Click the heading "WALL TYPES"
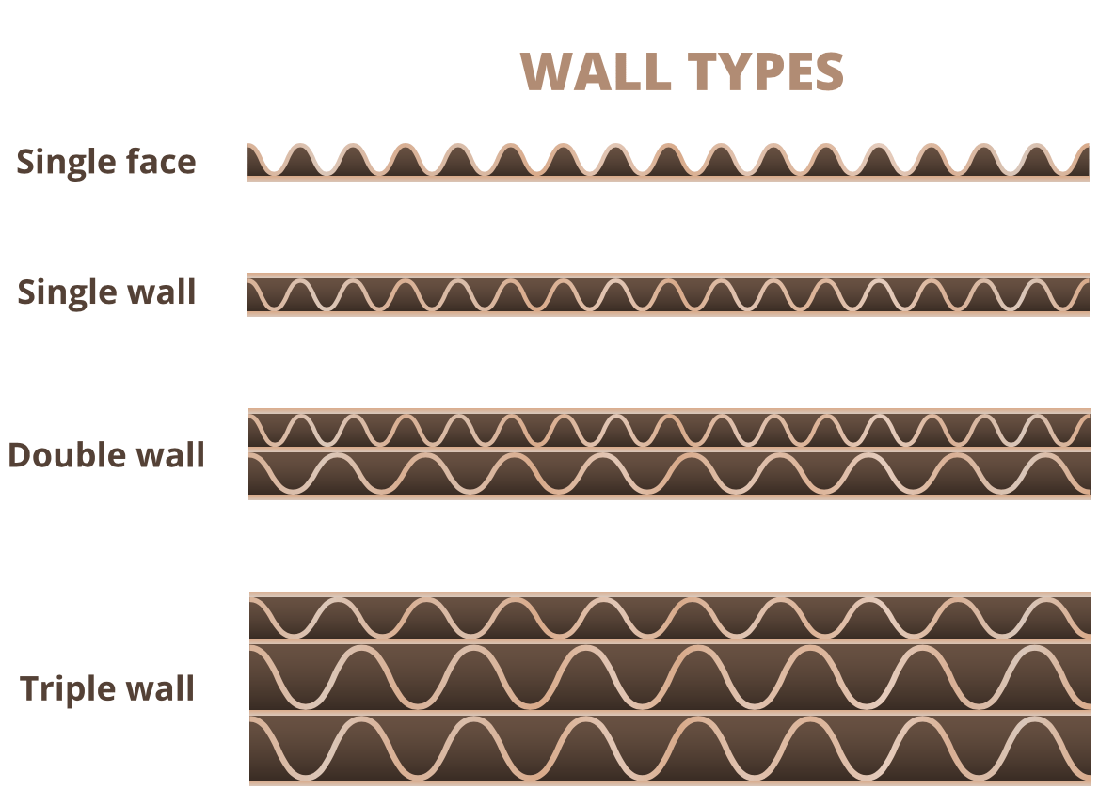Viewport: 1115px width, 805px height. point(681,71)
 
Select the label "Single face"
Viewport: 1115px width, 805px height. point(106,162)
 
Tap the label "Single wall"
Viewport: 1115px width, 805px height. point(106,292)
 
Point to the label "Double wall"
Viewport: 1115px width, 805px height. point(106,455)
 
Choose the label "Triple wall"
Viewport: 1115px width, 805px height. point(107,687)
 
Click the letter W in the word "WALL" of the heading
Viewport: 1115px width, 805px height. point(546,71)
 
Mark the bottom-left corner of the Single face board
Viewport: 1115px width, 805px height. point(247,182)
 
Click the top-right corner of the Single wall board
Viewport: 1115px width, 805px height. point(1090,273)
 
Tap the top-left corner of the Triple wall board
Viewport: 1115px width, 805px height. point(249,592)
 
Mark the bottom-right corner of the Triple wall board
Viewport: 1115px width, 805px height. point(1091,786)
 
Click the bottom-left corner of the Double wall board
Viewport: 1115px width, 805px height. point(248,499)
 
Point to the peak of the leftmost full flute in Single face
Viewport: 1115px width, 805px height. point(301,146)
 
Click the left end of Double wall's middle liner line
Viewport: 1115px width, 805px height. point(248,449)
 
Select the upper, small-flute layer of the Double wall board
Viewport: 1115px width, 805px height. point(669,430)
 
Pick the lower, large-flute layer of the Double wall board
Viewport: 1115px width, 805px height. point(669,473)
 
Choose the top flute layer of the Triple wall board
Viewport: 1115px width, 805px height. point(670,618)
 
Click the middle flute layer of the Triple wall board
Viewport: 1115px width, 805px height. point(670,676)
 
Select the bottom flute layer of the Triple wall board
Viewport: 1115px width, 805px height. point(670,749)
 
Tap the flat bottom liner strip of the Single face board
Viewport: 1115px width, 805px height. point(668,179)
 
